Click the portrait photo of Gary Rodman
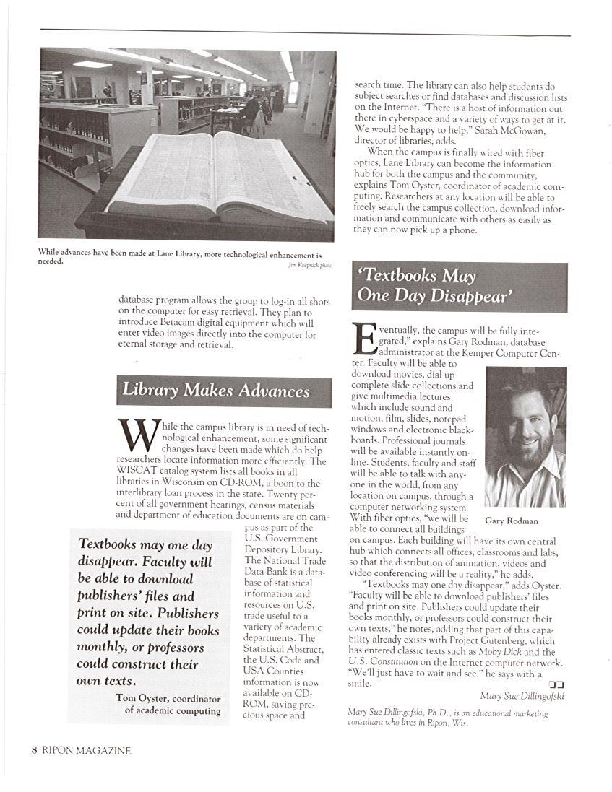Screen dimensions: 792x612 [525, 436]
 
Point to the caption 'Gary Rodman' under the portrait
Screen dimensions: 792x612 [512, 521]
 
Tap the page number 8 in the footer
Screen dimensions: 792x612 [34, 750]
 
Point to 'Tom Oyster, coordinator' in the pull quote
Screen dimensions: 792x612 [168, 697]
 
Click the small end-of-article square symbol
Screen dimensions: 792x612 [556, 684]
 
